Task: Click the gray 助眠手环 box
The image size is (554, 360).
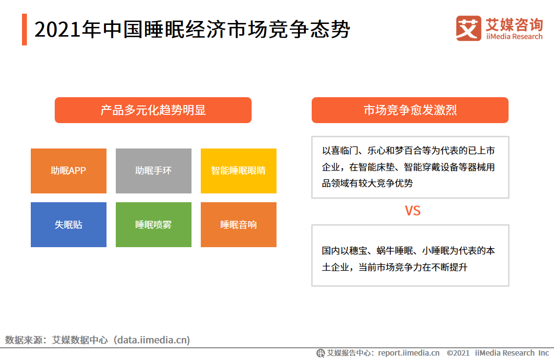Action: (153, 170)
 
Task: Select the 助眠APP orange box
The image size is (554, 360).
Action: (68, 170)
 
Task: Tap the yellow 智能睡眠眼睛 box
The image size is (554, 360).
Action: (238, 170)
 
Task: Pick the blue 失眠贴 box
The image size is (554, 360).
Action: (68, 224)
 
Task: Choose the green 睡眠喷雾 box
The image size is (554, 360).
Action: (153, 224)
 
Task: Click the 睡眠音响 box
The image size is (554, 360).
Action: (238, 224)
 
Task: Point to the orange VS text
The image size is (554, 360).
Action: (412, 211)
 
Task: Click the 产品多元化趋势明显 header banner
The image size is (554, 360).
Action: (153, 110)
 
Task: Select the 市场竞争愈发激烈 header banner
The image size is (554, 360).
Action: (410, 110)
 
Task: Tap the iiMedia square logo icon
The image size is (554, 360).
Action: (469, 28)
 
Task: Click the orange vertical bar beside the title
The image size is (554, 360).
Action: (24, 29)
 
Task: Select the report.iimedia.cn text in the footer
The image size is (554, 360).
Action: (409, 353)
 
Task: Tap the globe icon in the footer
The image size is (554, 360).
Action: (320, 353)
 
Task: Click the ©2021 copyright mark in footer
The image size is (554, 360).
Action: (458, 353)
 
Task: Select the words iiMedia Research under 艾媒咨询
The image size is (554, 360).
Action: (514, 36)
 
